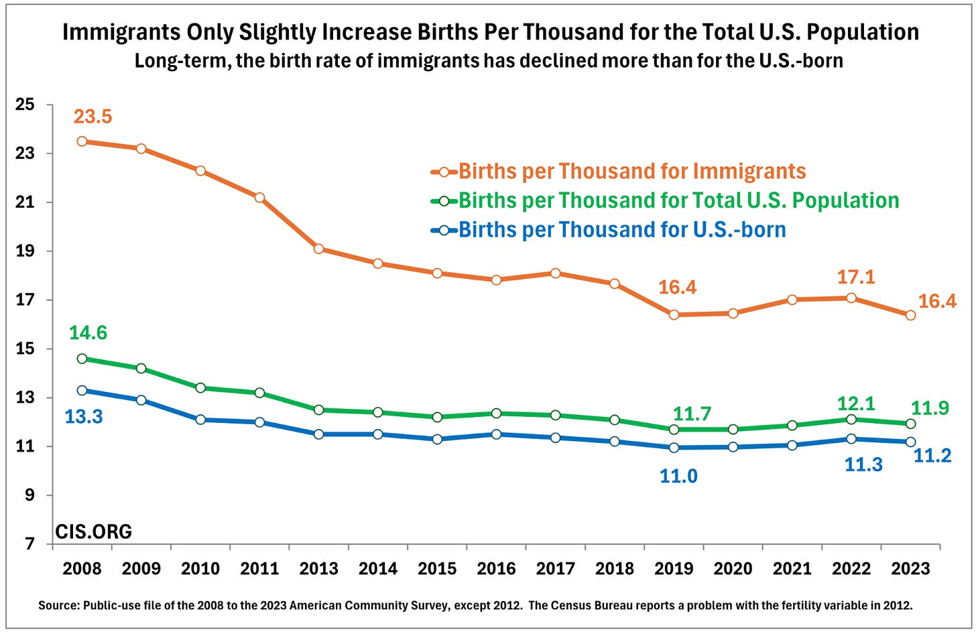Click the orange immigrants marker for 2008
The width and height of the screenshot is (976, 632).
[82, 141]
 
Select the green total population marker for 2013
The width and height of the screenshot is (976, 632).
[318, 409]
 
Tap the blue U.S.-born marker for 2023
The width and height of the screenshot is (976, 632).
[910, 442]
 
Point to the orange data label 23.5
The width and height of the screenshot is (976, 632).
[93, 117]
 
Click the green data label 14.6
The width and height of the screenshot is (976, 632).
[88, 333]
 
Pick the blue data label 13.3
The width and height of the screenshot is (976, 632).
[84, 417]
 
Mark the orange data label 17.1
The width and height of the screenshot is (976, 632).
[856, 277]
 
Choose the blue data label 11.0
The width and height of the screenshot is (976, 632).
[678, 476]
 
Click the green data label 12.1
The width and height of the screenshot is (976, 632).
[856, 403]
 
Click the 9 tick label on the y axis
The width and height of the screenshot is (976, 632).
[29, 495]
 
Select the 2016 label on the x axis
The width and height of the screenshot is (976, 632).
[496, 569]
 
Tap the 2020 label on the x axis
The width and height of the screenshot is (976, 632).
[733, 569]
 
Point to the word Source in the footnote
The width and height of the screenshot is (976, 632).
[58, 605]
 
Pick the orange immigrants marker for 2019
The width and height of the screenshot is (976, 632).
[674, 314]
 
